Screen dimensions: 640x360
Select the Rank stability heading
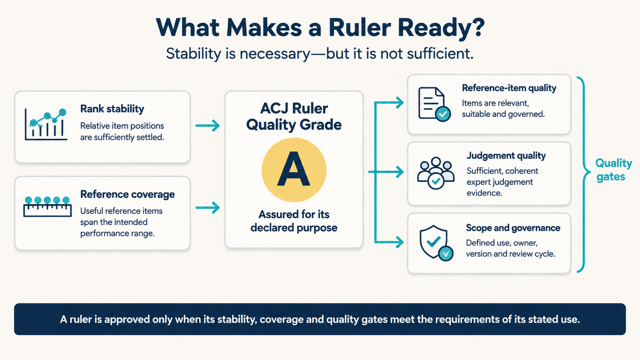[113, 109]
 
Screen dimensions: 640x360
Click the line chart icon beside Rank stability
[46, 124]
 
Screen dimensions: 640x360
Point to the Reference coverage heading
[127, 194]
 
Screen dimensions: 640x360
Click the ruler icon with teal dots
[47, 206]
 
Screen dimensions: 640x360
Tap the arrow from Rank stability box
[207, 125]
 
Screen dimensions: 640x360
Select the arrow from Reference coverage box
[207, 207]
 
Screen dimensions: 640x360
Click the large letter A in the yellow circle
[294, 170]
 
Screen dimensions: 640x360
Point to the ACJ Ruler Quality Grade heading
[294, 117]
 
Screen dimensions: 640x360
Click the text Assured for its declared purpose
[294, 221]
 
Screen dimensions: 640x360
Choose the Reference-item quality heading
[509, 88]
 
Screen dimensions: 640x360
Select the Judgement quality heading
[506, 156]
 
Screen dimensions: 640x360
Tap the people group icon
[435, 173]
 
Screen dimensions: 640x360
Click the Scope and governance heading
[513, 228]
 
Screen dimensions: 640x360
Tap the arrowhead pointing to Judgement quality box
[398, 172]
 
